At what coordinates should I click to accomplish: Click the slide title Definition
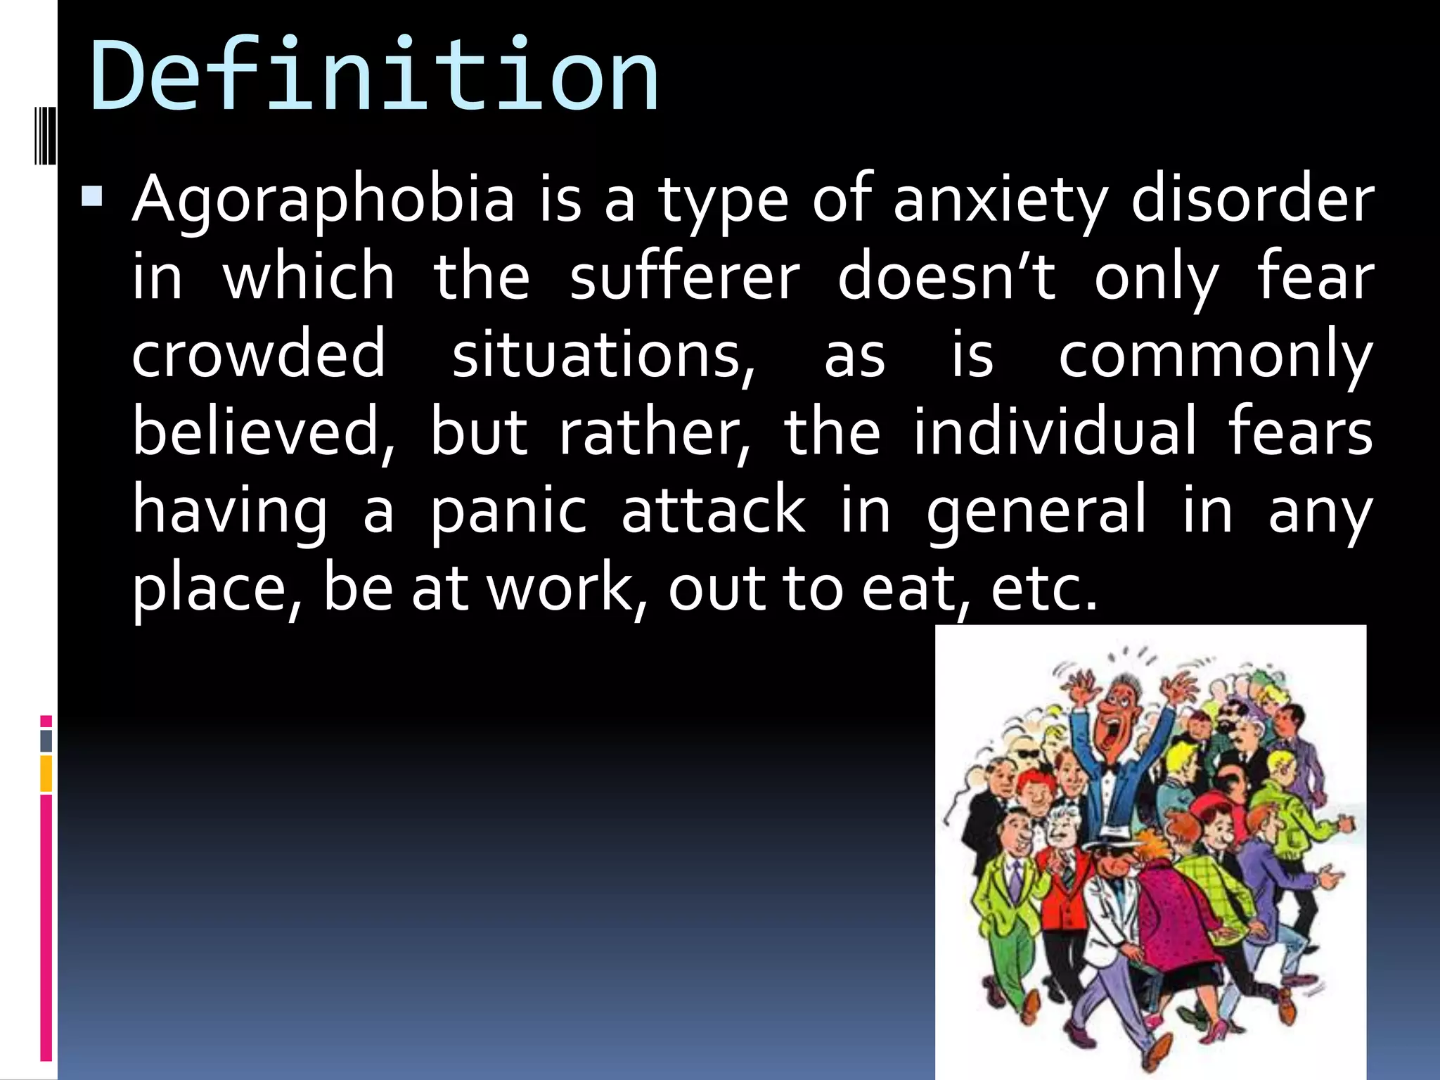374,76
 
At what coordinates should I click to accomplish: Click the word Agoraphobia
323,200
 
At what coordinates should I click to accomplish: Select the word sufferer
684,278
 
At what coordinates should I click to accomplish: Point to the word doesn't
946,278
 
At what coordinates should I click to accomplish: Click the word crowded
259,354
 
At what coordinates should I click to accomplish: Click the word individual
1054,431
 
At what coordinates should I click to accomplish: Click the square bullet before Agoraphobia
91,196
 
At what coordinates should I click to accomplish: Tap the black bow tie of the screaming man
1110,769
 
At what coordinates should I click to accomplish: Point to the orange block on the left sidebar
46,773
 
